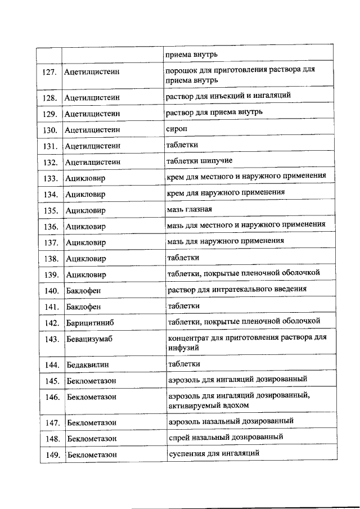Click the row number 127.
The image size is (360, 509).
(50, 73)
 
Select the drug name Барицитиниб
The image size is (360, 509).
(92, 323)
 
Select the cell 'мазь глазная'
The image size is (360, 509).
(190, 210)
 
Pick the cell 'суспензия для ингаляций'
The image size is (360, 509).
(214, 453)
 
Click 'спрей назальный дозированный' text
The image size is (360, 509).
(226, 436)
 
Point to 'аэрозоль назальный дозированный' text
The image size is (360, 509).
(231, 421)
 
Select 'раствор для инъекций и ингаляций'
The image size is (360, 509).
(228, 96)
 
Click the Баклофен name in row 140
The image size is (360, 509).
(84, 291)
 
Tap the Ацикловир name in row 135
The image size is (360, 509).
(85, 211)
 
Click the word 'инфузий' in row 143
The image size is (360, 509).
(183, 348)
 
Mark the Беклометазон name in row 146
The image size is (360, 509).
(92, 397)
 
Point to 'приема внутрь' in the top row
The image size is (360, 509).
(191, 55)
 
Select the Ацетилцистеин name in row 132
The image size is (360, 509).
(92, 162)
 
